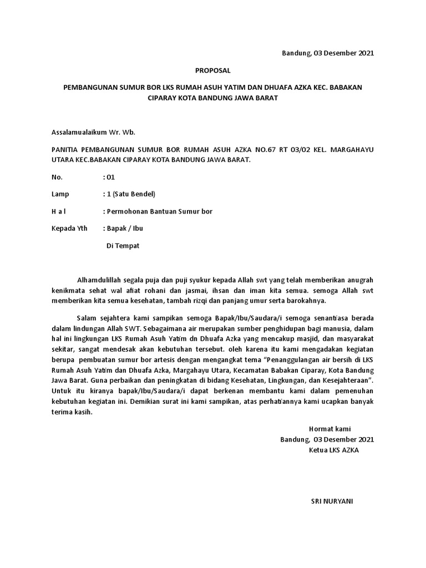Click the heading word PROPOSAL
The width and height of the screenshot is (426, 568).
click(212, 71)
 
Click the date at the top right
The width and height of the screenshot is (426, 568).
click(328, 54)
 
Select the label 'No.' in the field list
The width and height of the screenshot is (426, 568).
click(57, 177)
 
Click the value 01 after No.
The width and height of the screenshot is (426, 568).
click(110, 177)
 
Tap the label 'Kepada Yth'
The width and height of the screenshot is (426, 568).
click(69, 228)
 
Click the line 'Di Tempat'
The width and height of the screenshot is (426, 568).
click(123, 245)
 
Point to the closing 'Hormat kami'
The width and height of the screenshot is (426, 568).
click(329, 429)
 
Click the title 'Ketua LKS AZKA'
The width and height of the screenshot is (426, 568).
click(334, 450)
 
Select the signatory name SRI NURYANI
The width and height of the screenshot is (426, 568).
click(332, 501)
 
